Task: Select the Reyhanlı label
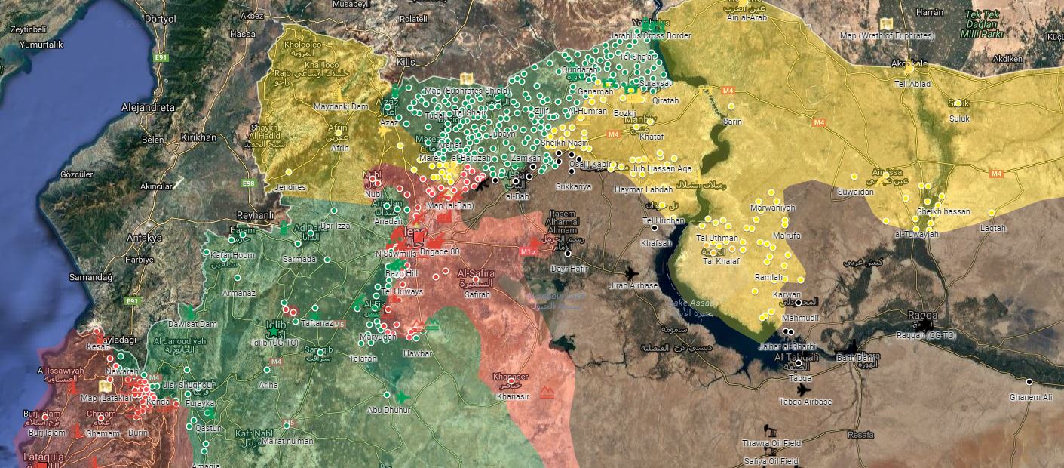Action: point(255,215)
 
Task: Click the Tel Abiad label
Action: point(912,84)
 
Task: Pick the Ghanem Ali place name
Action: point(1031,397)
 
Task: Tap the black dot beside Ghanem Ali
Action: point(1029,382)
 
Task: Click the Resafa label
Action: point(860,435)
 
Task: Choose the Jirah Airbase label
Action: point(633,285)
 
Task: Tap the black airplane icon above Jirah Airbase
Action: point(631,273)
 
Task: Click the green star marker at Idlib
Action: point(273,331)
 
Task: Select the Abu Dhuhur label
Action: point(389,410)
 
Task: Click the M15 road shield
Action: point(526,250)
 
